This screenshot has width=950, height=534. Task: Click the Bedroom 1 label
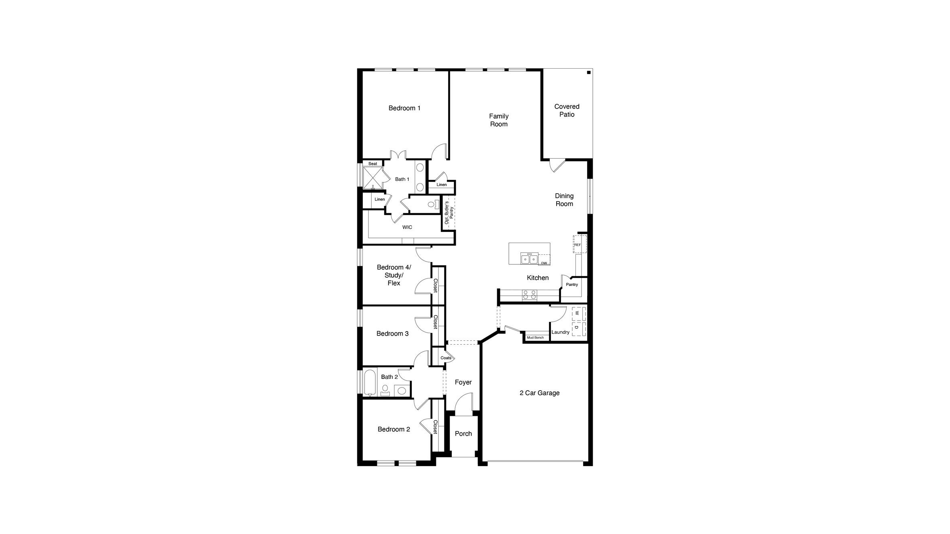[x=404, y=108]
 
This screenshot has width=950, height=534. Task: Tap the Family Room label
[x=498, y=120]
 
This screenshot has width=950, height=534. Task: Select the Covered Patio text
[x=567, y=110]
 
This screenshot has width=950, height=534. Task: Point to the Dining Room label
[x=564, y=200]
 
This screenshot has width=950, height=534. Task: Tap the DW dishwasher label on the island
[x=544, y=263]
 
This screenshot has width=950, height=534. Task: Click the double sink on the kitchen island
[x=529, y=259]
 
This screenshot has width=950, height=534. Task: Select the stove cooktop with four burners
[x=529, y=295]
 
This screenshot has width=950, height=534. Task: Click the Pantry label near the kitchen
[x=571, y=284]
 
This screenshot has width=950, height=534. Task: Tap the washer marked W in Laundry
[x=578, y=313]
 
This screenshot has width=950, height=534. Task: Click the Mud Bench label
[x=535, y=338]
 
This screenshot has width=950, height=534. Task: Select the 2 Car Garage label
[x=539, y=393]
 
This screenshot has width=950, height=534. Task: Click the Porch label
[x=463, y=434]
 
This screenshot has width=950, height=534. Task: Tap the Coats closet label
[x=445, y=358]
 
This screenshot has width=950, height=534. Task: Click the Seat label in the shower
[x=373, y=164]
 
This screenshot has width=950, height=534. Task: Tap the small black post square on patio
[x=588, y=72]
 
